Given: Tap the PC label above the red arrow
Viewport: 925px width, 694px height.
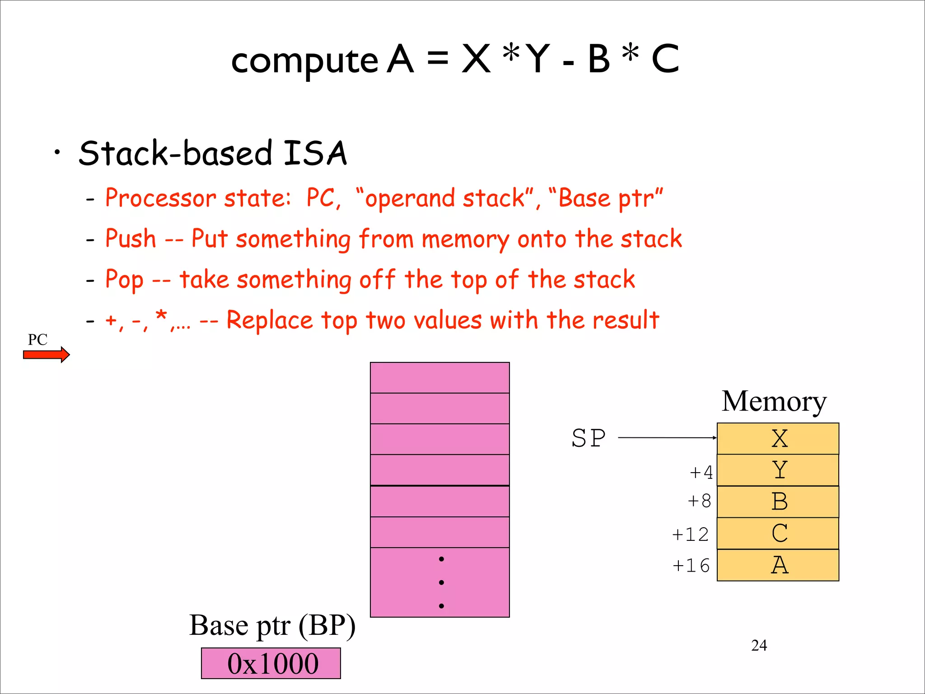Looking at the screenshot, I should pyautogui.click(x=37, y=339).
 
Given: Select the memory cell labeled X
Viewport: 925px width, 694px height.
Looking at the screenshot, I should pyautogui.click(x=778, y=438).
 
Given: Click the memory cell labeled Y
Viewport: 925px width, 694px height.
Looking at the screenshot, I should pyautogui.click(x=778, y=470).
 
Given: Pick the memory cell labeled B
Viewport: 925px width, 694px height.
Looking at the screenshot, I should pyautogui.click(x=778, y=502).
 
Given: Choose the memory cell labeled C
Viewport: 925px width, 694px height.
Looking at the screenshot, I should pyautogui.click(x=778, y=533).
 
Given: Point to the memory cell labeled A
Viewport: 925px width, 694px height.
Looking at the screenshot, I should pyautogui.click(x=778, y=565).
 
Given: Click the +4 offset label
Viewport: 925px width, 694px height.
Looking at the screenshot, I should pyautogui.click(x=701, y=473).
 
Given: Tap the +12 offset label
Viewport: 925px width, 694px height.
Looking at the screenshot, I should pyautogui.click(x=690, y=535).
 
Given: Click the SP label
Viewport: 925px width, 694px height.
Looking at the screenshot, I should pyautogui.click(x=589, y=438).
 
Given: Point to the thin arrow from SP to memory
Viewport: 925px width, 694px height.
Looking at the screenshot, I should pyautogui.click(x=666, y=437).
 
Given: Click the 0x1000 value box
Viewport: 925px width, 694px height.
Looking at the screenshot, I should pyautogui.click(x=271, y=663).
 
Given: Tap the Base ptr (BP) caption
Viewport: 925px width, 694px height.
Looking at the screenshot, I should pyautogui.click(x=272, y=625).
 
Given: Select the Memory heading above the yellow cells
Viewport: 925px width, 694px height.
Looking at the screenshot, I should pyautogui.click(x=774, y=401).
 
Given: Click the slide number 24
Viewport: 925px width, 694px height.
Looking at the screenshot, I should pyautogui.click(x=759, y=645).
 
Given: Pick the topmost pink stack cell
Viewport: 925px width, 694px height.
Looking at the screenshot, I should pyautogui.click(x=439, y=378).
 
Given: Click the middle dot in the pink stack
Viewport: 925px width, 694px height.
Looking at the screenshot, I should pyautogui.click(x=441, y=582).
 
